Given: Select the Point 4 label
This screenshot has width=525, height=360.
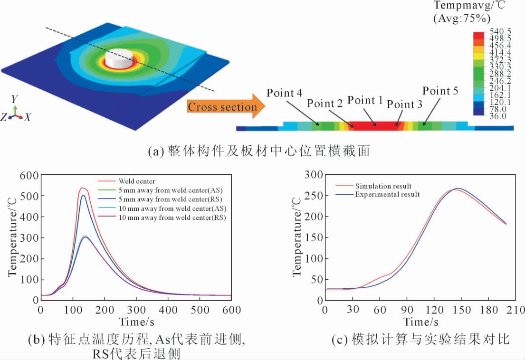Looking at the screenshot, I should click(x=285, y=93).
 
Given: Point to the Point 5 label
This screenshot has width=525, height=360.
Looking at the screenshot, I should click(x=440, y=91).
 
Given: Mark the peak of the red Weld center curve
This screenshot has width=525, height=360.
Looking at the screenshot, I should click(x=82, y=188).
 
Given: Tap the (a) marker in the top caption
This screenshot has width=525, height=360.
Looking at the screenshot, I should click(x=155, y=152).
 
